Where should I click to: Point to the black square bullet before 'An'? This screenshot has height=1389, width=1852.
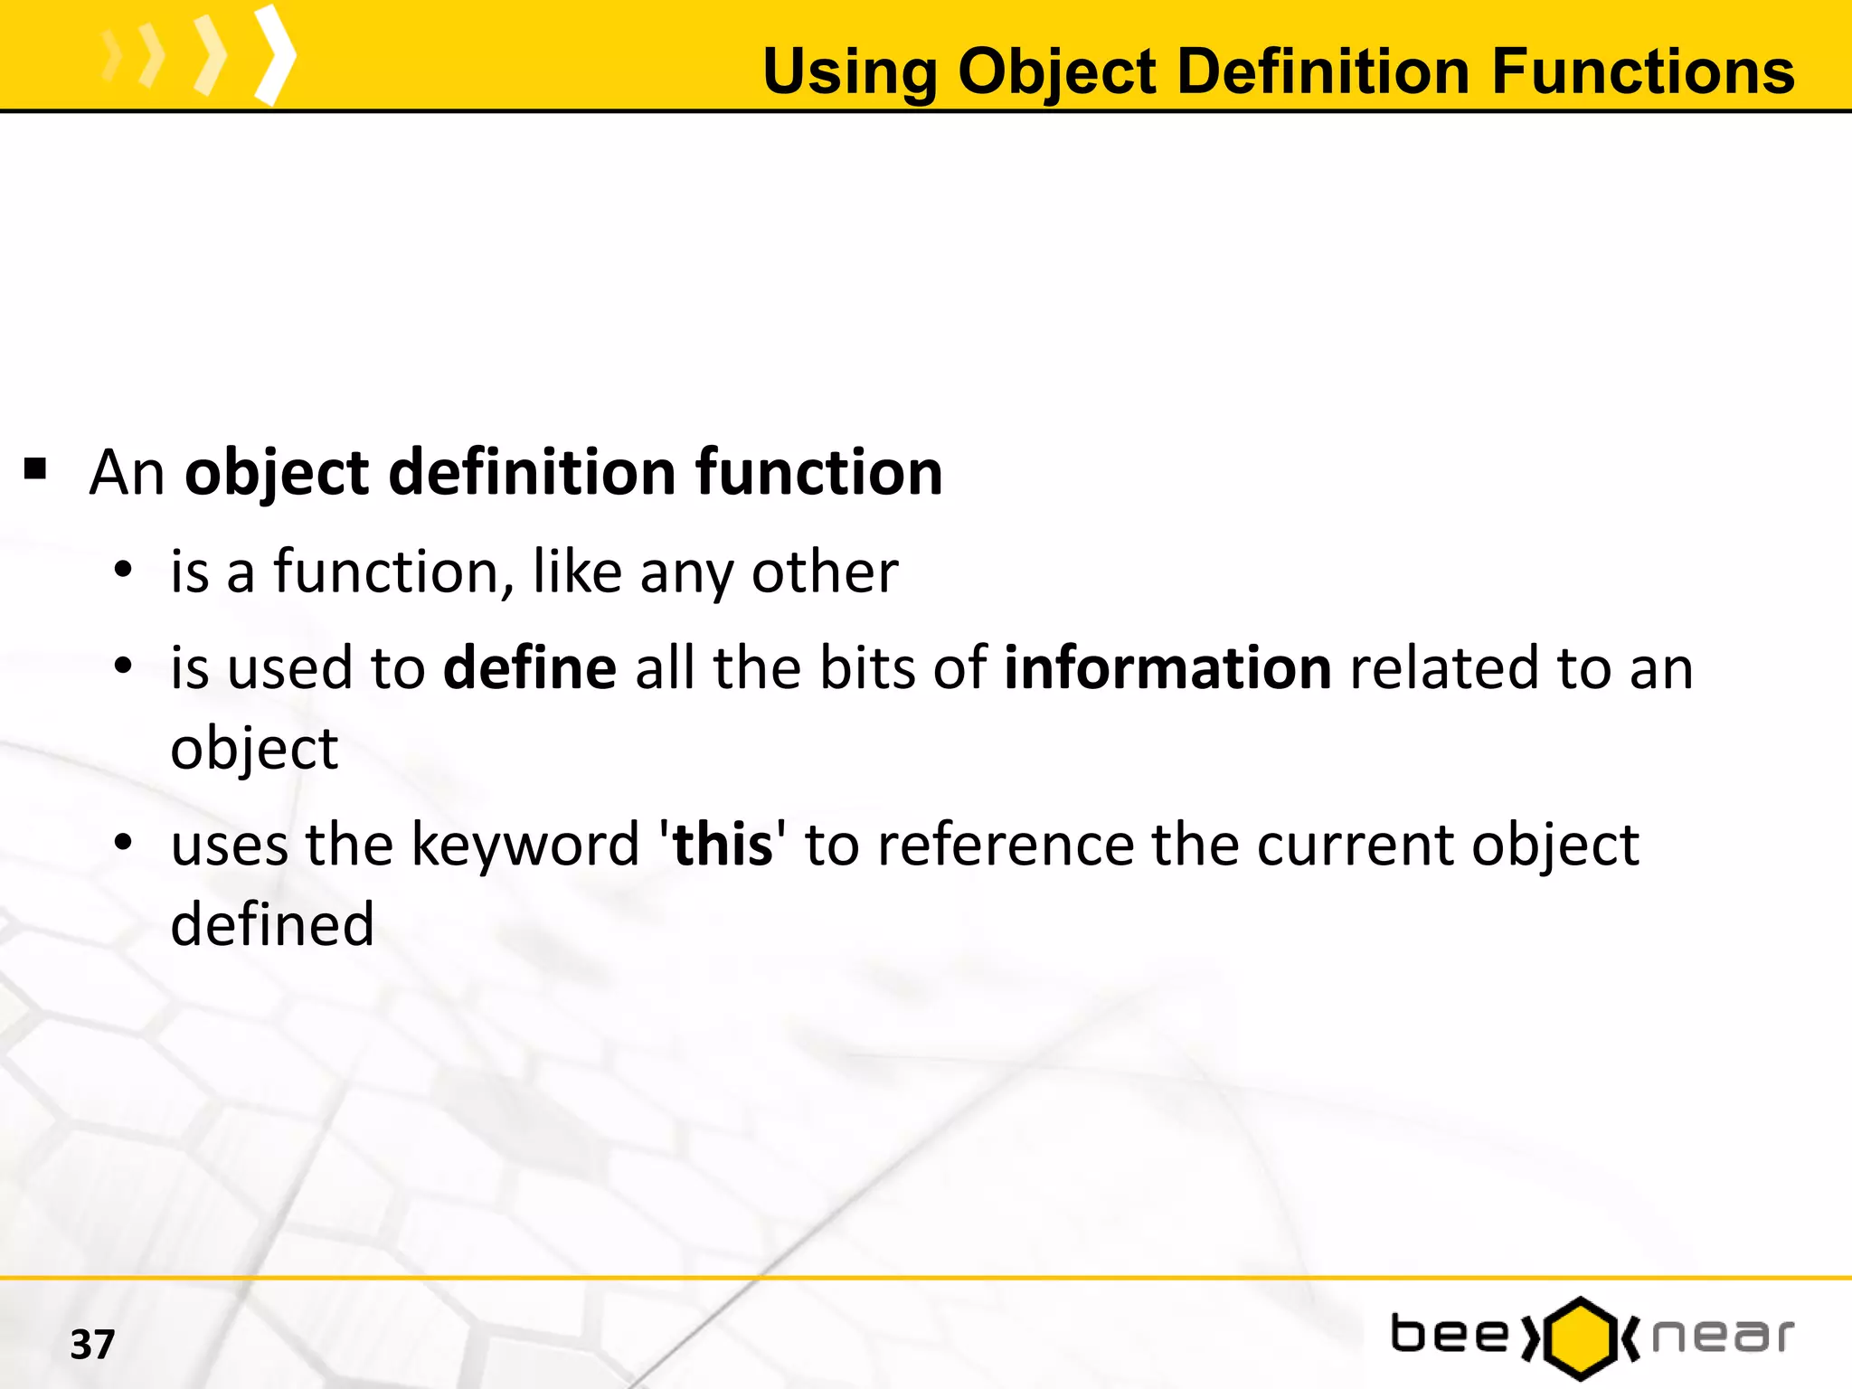35,469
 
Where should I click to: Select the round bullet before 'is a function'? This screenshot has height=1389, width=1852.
124,571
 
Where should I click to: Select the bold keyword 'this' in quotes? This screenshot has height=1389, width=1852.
723,845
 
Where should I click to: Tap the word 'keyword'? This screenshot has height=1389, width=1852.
525,845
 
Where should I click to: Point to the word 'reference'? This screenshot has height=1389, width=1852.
1005,845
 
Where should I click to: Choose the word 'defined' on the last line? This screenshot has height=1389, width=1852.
272,924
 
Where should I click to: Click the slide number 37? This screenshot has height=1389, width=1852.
92,1345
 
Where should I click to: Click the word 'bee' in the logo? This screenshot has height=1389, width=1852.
1450,1336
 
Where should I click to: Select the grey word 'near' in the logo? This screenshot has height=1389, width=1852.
1723,1337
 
